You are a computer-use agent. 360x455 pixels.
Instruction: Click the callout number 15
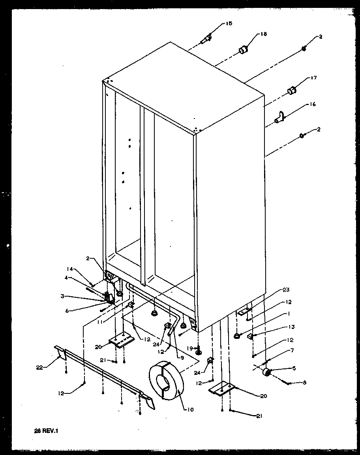(x=229, y=24)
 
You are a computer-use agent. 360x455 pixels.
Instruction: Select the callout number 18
(x=263, y=34)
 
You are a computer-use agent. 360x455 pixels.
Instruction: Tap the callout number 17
(x=314, y=78)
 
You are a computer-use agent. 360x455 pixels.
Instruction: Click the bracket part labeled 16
(x=280, y=117)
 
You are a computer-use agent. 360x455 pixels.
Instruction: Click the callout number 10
(x=191, y=410)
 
